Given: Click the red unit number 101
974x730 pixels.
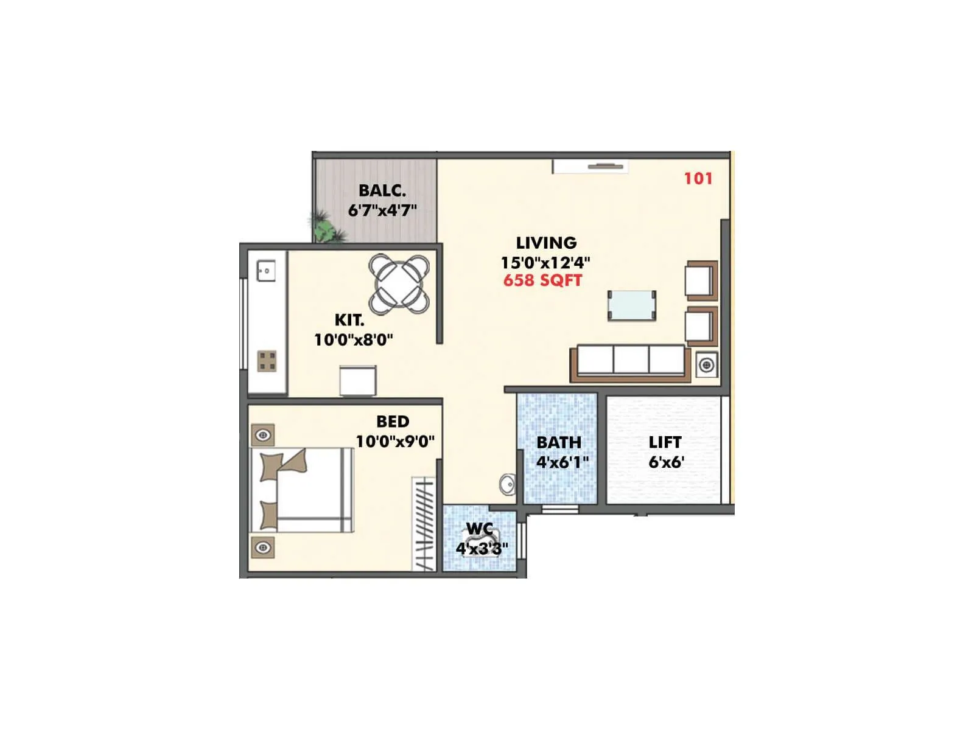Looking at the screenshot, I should tap(698, 178).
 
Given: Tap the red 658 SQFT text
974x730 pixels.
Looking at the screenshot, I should tap(542, 280).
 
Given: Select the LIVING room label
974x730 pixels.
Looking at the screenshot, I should tap(546, 243).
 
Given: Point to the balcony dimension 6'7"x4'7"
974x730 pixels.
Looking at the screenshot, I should tap(382, 210).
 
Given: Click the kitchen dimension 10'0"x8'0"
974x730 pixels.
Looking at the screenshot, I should tap(353, 339).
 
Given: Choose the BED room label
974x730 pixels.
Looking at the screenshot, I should tap(393, 421).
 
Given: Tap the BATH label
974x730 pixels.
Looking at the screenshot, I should tap(559, 442).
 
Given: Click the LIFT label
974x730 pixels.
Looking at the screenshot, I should tap(665, 442).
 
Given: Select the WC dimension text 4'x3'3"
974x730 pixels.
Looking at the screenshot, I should tap(482, 549).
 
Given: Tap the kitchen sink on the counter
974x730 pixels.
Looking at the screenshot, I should tap(266, 271).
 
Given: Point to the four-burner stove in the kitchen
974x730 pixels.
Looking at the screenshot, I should tap(267, 361).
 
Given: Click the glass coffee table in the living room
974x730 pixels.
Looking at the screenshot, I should tap(632, 305).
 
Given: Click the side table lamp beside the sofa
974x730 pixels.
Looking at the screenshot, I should tap(706, 365).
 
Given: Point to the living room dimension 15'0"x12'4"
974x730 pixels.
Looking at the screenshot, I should tap(545, 263).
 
